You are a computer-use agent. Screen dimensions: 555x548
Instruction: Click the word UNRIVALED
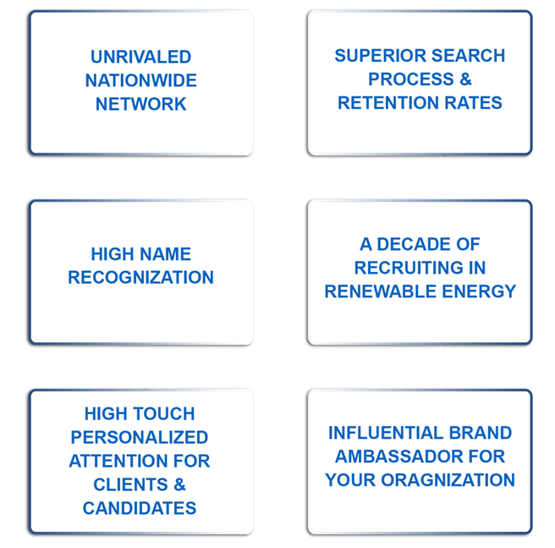[141, 57]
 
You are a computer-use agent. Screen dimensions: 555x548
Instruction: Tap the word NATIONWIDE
[141, 80]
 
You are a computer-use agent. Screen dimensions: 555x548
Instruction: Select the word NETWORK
[141, 104]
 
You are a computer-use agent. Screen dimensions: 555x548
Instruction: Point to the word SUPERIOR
[380, 56]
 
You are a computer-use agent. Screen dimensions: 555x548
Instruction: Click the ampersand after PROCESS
[466, 79]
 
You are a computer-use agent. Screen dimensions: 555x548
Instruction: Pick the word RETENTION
[388, 102]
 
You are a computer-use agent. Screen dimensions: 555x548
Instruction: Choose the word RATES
[473, 102]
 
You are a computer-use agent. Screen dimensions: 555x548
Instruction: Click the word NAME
[165, 254]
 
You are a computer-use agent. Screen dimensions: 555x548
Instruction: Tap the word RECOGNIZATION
[141, 277]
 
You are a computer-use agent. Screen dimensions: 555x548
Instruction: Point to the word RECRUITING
[409, 268]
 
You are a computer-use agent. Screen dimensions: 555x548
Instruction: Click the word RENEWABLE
[381, 291]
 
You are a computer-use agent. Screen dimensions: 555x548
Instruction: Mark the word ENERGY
[479, 291]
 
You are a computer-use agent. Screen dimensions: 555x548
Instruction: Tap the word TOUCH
[164, 413]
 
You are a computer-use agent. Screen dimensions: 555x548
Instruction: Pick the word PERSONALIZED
[140, 437]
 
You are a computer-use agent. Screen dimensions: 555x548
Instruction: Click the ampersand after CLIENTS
[180, 484]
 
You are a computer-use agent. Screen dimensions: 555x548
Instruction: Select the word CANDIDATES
[140, 508]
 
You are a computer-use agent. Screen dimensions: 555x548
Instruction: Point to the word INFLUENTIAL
[386, 433]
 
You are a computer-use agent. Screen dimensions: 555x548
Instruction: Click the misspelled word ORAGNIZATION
[448, 480]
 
